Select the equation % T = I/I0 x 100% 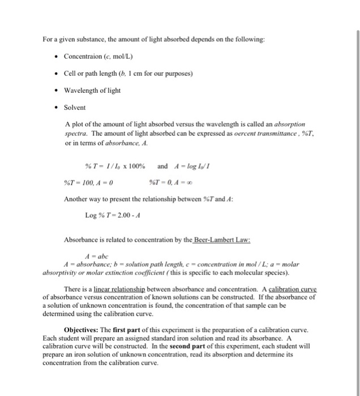[x=115, y=166]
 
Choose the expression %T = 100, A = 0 [x=84, y=182]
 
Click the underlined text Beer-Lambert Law [x=222, y=240]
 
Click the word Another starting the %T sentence [x=79, y=199]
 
